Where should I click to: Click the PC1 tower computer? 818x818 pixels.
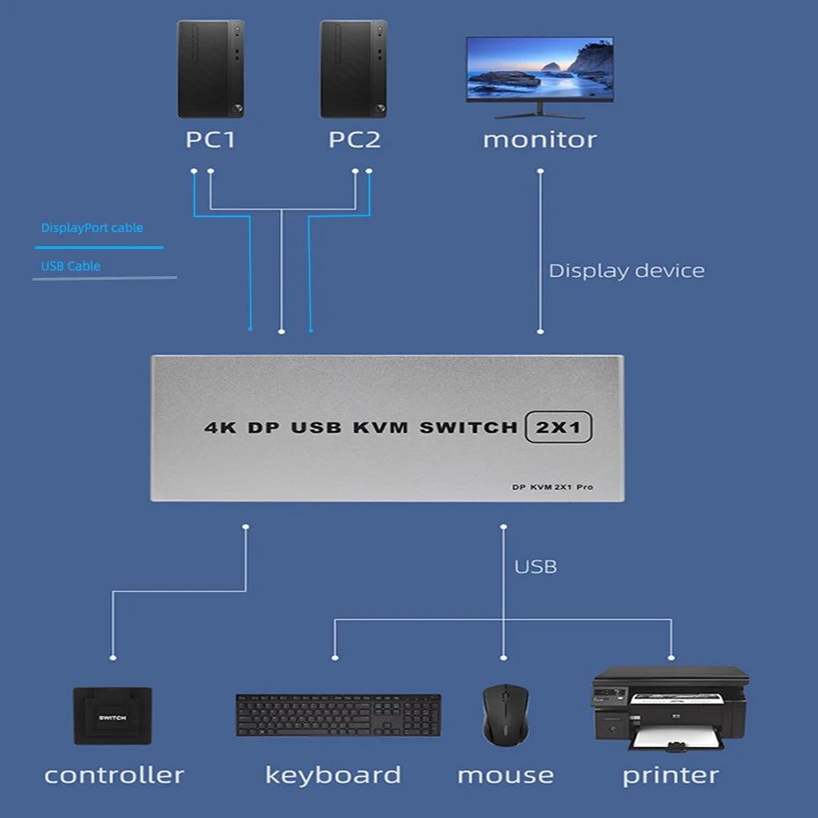pos(209,69)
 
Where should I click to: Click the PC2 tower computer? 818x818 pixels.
pos(353,69)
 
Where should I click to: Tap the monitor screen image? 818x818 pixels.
pos(539,70)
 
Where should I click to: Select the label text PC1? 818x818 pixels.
pos(210,140)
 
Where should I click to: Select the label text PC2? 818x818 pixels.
pos(354,140)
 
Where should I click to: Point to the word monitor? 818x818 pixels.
pos(539,140)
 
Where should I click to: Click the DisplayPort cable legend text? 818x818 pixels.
pos(91,228)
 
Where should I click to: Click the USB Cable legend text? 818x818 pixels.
pos(70,266)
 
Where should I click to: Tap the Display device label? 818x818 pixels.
pos(626,271)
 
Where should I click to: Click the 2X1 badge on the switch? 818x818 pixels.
pos(559,427)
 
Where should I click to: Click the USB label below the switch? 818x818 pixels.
pos(536,566)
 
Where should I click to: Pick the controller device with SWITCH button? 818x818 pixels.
pos(113,716)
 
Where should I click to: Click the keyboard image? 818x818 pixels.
pos(338,715)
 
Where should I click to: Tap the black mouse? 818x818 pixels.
pos(505,714)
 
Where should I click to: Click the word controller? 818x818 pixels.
pos(114,775)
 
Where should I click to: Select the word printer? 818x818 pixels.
pos(670,776)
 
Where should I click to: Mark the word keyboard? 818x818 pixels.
pos(333,775)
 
